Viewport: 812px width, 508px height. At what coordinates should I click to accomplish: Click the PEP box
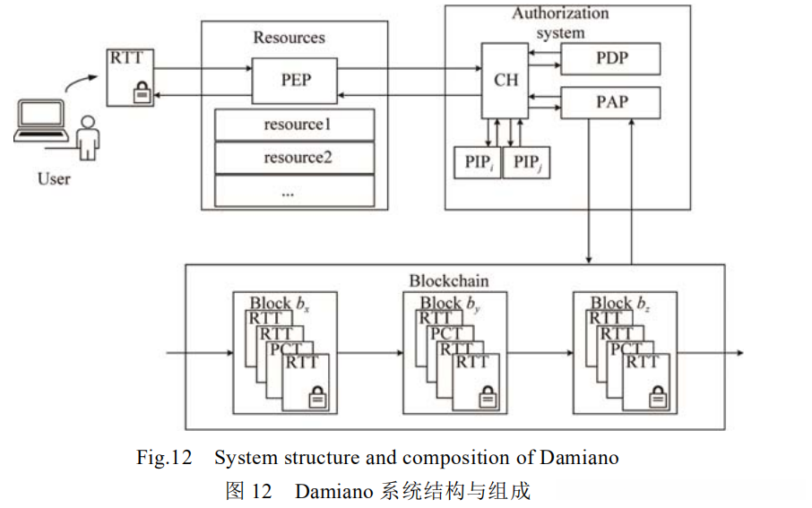pos(295,81)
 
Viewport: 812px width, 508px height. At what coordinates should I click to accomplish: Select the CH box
pos(506,80)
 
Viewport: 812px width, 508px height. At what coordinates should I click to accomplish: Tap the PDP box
pos(610,59)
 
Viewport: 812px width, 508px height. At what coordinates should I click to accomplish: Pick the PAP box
pos(610,102)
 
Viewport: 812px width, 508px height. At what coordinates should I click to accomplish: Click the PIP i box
pos(478,163)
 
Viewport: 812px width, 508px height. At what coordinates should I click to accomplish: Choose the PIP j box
pos(526,163)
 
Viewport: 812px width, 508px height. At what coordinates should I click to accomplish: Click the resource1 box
pos(294,125)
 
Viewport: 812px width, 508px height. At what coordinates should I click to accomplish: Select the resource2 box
pos(294,159)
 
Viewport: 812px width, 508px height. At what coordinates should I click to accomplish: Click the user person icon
pos(88,136)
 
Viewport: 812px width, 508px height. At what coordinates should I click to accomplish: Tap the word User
pos(55,178)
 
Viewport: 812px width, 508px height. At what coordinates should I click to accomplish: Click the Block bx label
pos(281,303)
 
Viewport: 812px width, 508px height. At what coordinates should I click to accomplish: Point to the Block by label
pos(451,303)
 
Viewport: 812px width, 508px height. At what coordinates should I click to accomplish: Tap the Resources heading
pos(289,38)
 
